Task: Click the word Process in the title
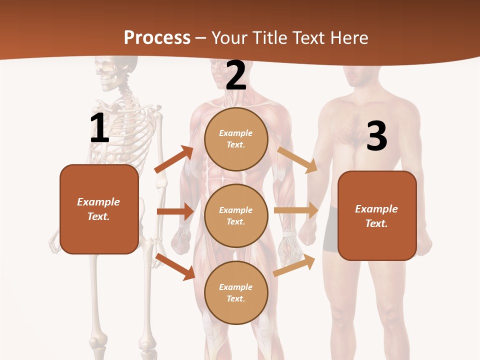click(157, 38)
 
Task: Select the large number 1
click(99, 128)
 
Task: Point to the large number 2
click(236, 76)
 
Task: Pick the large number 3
click(377, 136)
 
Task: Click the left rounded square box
click(99, 209)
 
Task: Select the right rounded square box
click(377, 216)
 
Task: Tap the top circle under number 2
click(236, 139)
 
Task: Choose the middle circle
click(236, 216)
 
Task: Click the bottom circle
click(236, 292)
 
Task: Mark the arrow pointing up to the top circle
click(174, 159)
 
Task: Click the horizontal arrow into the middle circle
click(175, 211)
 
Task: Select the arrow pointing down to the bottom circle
click(175, 266)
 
